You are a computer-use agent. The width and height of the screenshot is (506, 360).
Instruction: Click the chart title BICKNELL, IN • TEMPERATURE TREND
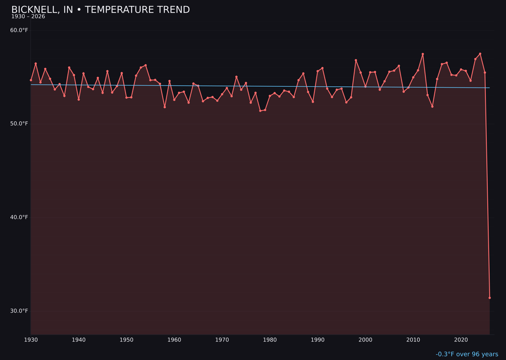pos(100,10)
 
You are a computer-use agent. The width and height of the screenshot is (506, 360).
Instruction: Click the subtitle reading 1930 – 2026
pos(28,17)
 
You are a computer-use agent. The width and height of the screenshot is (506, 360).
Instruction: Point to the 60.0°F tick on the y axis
pos(19,30)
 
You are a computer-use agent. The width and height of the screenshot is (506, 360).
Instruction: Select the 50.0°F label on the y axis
pos(19,124)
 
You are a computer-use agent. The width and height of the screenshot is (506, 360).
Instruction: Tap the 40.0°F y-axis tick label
pos(19,217)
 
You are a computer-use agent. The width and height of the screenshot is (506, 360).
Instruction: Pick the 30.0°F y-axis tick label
pos(19,311)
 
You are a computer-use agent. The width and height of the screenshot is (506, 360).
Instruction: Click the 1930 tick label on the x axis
pos(31,340)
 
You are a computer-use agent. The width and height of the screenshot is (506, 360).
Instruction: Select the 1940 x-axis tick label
pos(79,340)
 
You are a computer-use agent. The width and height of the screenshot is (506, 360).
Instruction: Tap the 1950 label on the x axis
pos(126,340)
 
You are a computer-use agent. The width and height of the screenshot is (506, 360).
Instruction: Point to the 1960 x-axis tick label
pos(174,340)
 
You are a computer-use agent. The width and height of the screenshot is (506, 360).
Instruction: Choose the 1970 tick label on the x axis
pos(222,340)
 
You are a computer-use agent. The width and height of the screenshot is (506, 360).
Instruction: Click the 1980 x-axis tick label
pos(270,340)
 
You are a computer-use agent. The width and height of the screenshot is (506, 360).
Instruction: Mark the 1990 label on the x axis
pos(318,340)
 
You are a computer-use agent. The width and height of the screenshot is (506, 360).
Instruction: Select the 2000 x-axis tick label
pos(365,340)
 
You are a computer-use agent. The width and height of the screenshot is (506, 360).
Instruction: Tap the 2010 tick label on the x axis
pos(413,340)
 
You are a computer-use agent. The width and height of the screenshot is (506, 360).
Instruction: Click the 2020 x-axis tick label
pos(461,340)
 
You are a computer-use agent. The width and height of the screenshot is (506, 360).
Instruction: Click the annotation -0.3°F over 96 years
pos(467,354)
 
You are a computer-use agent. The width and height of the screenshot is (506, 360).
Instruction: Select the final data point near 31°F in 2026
pos(490,298)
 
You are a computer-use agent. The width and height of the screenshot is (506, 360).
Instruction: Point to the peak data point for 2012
pos(423,54)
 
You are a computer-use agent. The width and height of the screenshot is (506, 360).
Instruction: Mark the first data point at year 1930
pos(31,80)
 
